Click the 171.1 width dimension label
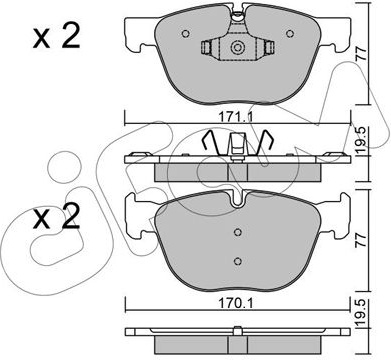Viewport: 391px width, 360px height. coord(236,117)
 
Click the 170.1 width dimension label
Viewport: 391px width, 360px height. coord(236,303)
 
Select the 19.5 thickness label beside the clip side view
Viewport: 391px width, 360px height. coord(361,141)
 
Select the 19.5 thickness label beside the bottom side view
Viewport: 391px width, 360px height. coord(361,314)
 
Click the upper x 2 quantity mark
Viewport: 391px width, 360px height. coord(57,37)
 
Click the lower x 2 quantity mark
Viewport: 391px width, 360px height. coord(57,216)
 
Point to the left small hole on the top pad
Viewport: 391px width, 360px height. coord(186,33)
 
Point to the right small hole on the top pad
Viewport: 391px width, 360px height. coord(290,33)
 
